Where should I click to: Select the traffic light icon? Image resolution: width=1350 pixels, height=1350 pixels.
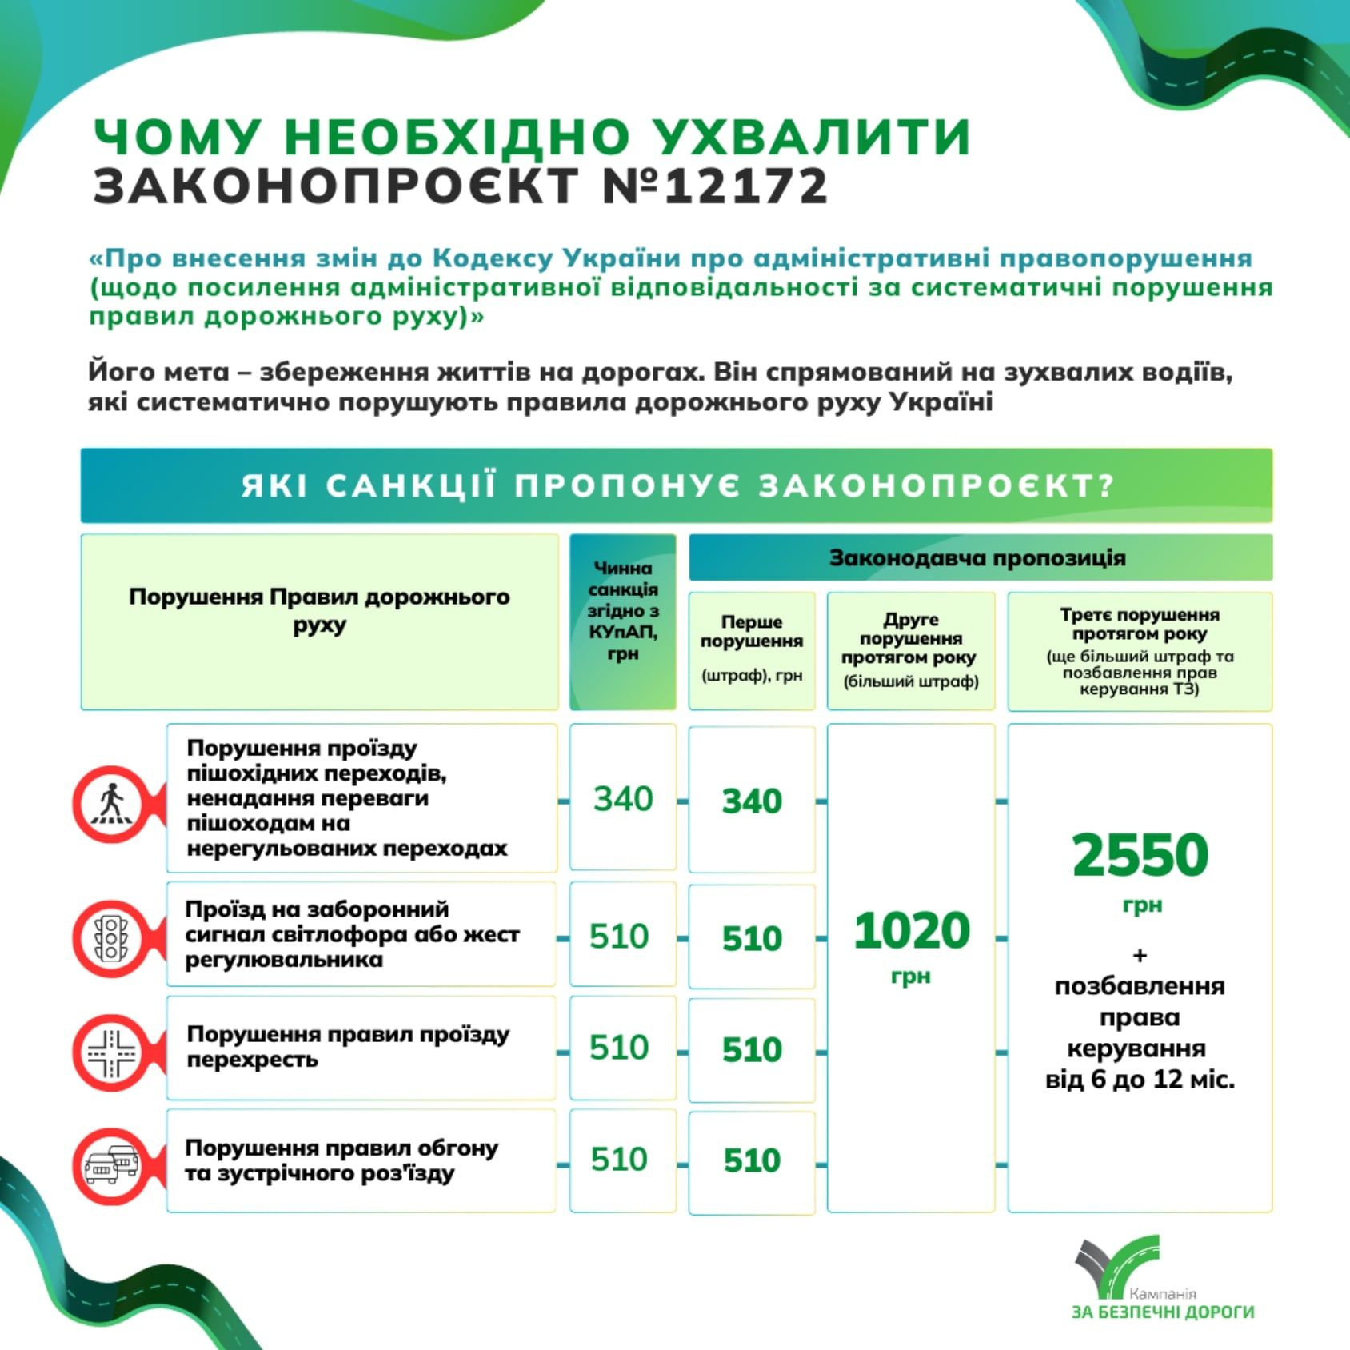pos(110,937)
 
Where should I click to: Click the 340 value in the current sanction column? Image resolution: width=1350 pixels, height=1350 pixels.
pos(623,799)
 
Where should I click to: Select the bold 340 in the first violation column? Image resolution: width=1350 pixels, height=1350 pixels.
pos(752,801)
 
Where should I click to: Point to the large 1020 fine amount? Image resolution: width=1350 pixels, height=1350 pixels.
pos(911,931)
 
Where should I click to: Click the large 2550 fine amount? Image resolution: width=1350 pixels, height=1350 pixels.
pos(1140,855)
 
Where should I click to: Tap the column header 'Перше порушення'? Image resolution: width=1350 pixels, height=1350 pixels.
pos(752,631)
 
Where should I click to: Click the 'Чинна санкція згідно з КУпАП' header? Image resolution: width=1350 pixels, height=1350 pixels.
pos(623,611)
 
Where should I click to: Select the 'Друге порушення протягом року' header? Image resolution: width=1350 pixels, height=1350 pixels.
pos(911,638)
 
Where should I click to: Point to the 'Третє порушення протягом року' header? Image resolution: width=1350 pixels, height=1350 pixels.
pos(1140,624)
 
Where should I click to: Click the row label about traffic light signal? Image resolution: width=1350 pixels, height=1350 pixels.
pos(352,934)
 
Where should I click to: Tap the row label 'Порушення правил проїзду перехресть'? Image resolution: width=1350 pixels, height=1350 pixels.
pos(348,1047)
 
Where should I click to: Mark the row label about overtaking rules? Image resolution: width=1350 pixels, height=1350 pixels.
pos(341,1160)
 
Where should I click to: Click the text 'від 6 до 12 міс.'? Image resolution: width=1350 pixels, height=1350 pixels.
pos(1140,1080)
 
